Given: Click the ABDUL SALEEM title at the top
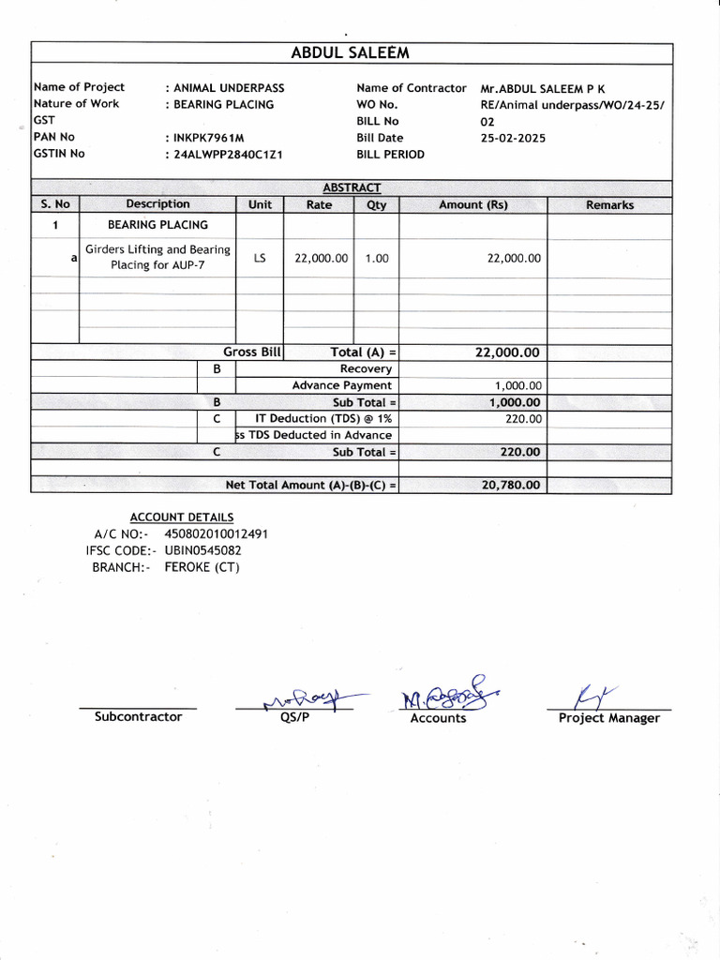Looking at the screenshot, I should pos(351,53).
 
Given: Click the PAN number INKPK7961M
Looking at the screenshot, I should pos(208,138).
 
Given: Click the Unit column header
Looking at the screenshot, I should pos(260,204).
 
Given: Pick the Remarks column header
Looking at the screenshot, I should pos(609,205).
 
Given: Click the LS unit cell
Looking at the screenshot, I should pos(260,258).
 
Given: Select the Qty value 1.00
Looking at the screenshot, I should pos(377,258).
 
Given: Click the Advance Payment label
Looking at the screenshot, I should pos(342,385).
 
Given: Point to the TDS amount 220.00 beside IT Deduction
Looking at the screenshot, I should pos(523,419).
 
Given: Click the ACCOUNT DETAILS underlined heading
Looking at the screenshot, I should pos(182,517).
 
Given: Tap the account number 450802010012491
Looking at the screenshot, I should pos(217,533).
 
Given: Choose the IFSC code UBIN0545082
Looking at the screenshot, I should pos(202,550).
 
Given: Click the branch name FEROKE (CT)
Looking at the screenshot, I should pos(202,567).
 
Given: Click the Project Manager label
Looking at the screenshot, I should pos(608,718).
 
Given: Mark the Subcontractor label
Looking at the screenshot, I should pos(138,717).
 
